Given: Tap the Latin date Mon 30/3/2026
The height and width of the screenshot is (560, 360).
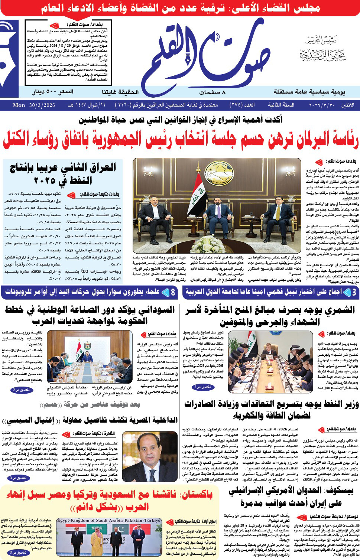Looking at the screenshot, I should click(34, 105).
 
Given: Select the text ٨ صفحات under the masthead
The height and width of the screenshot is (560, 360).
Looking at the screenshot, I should click(212, 92).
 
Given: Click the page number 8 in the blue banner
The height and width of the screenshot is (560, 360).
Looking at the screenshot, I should click(173, 292).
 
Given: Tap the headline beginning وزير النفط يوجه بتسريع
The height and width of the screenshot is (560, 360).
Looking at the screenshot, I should click(271, 410).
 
